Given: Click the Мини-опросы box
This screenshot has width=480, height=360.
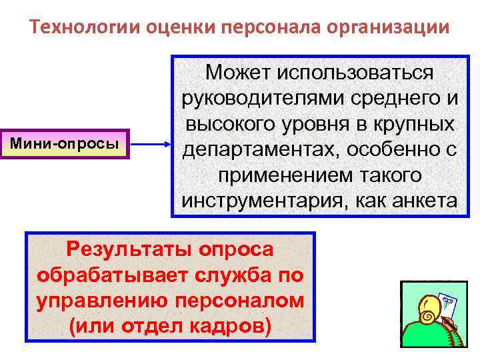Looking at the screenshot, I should (x=65, y=143).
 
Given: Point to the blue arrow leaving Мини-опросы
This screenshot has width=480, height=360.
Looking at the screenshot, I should (x=149, y=143).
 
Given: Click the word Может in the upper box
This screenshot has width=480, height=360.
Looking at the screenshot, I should (x=243, y=72).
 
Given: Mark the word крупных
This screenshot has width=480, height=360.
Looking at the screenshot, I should (x=419, y=124).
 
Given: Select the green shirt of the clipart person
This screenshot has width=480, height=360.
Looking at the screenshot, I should (x=427, y=337).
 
